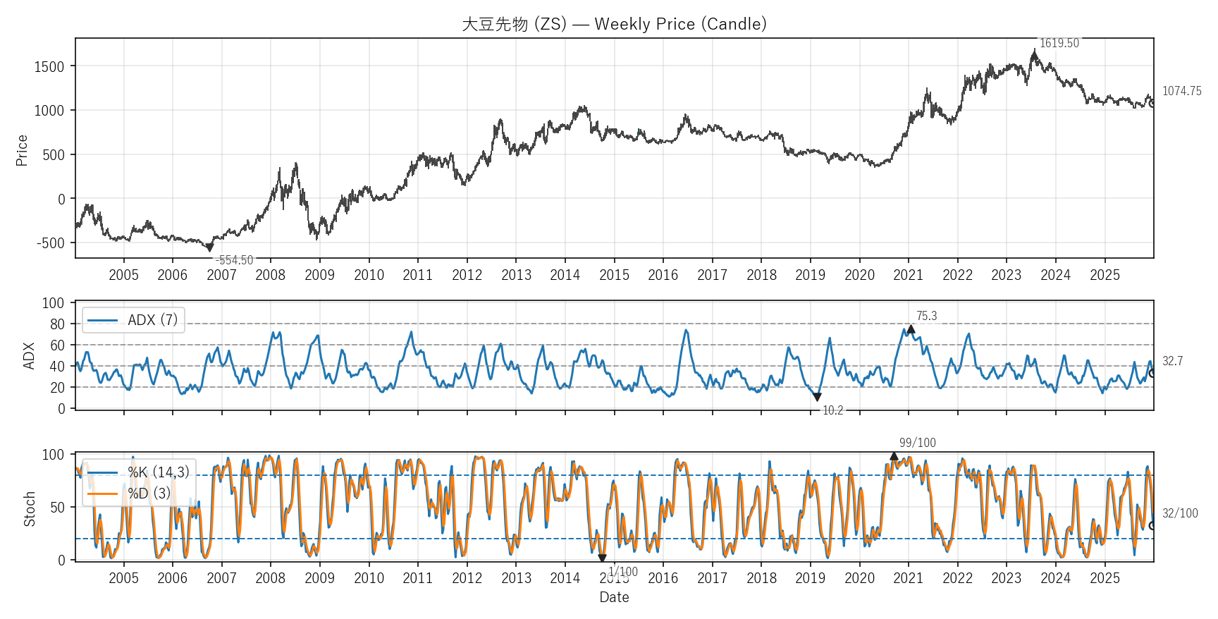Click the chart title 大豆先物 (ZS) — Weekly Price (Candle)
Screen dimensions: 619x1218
pyautogui.click(x=614, y=24)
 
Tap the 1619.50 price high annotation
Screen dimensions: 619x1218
pyautogui.click(x=1059, y=43)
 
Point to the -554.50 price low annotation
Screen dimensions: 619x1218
pyautogui.click(x=234, y=260)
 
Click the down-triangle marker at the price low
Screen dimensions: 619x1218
pyautogui.click(x=209, y=247)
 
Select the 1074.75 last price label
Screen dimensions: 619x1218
pyautogui.click(x=1181, y=91)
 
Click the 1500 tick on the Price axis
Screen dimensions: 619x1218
pyautogui.click(x=49, y=67)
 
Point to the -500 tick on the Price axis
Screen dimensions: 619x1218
pyautogui.click(x=51, y=243)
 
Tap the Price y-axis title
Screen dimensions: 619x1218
pyautogui.click(x=22, y=150)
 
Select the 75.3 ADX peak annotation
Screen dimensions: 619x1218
pyautogui.click(x=926, y=316)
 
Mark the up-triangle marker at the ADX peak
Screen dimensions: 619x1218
pyautogui.click(x=911, y=329)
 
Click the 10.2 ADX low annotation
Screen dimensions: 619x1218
pyautogui.click(x=832, y=410)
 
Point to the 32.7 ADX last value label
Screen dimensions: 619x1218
pyautogui.click(x=1172, y=361)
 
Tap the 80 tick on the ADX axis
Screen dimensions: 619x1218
pyautogui.click(x=57, y=324)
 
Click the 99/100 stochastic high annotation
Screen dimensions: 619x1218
pyautogui.click(x=917, y=443)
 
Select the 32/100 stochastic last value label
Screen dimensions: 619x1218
pyautogui.click(x=1179, y=513)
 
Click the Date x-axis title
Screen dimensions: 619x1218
pyautogui.click(x=614, y=597)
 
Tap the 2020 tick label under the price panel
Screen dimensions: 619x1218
pyautogui.click(x=859, y=275)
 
